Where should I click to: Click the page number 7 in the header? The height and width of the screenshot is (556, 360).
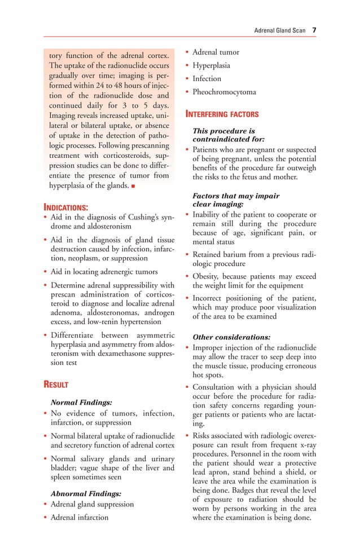pyautogui.click(x=314, y=30)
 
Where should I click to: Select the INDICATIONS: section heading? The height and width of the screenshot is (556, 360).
pyautogui.click(x=65, y=208)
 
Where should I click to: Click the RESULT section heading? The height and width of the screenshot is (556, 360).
pyautogui.click(x=56, y=385)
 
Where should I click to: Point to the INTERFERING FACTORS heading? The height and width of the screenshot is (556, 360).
pyautogui.click(x=222, y=114)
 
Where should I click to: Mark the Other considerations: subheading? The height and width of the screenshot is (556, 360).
pyautogui.click(x=231, y=337)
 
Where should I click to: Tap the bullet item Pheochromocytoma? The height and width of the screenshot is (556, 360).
pyautogui.click(x=224, y=92)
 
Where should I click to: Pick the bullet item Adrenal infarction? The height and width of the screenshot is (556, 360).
pyautogui.click(x=80, y=517)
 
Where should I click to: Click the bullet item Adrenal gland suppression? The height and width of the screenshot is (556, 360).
pyautogui.click(x=93, y=504)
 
